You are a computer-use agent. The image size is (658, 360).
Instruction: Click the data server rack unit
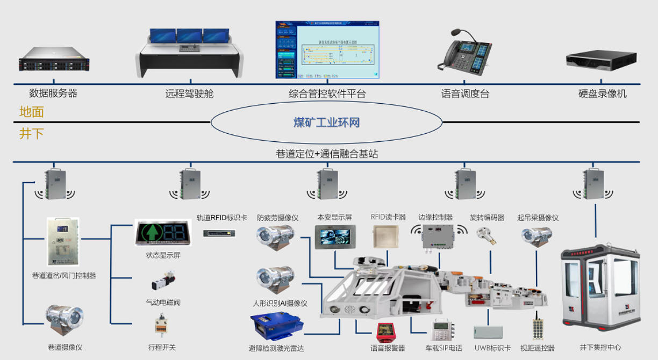(54, 59)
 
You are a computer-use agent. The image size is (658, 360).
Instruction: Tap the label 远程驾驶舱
(189, 93)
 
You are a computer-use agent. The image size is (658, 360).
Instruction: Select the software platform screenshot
(327, 50)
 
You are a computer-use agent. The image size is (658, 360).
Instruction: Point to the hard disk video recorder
(602, 60)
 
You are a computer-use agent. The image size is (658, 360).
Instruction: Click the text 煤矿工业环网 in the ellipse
(326, 123)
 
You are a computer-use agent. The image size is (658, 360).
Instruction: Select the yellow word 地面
(31, 112)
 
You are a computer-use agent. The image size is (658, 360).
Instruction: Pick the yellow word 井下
(31, 134)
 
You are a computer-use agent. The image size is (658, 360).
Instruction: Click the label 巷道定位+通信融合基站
(327, 154)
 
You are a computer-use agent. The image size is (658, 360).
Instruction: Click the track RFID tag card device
(220, 233)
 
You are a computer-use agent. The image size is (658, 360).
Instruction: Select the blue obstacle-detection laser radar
(277, 327)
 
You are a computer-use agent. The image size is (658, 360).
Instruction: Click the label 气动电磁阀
(163, 303)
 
